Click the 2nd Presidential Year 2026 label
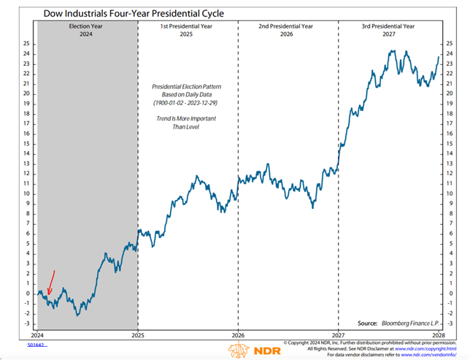tap(288, 29)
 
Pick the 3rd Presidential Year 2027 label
tap(388, 29)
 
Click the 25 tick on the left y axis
tap(27, 43)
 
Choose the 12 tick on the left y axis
tap(27, 173)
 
